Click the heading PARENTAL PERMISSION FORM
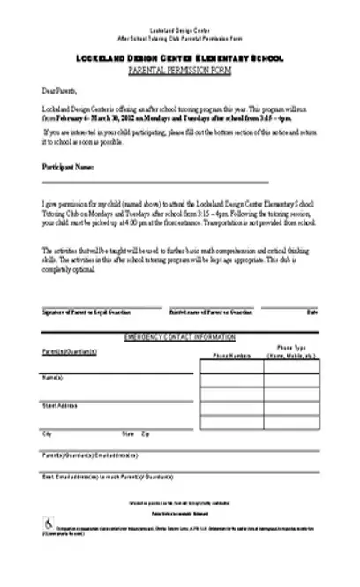pos(180,68)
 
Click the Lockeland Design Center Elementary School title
pos(180,57)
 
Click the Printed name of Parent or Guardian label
pos(211,312)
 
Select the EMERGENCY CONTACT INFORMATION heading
pos(180,337)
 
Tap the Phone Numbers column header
pos(232,355)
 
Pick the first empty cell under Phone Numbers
pos(232,369)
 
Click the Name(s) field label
pos(53,378)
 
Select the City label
pos(46,434)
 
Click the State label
pos(128,434)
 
